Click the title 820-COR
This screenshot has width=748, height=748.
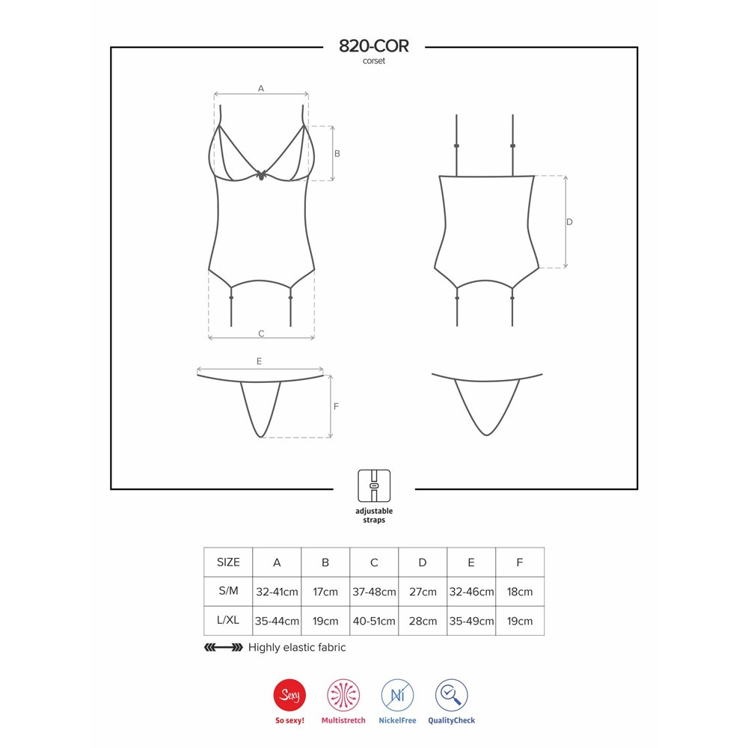[x=373, y=46]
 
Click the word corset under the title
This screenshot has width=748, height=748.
[x=373, y=61]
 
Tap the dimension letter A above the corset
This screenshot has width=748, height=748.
[x=261, y=88]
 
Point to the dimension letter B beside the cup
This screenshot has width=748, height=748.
[x=337, y=153]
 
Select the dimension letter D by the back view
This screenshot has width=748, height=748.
[x=569, y=222]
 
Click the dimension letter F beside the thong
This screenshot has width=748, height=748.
[x=336, y=406]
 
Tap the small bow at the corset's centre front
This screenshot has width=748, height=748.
[x=261, y=174]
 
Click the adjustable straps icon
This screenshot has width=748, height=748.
[x=374, y=485]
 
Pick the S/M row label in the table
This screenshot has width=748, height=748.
[x=228, y=591]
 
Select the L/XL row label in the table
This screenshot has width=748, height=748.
[x=228, y=620]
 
